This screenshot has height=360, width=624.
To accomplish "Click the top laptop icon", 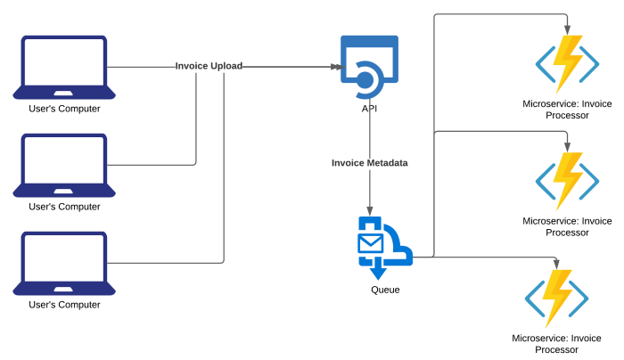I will tap(64, 68).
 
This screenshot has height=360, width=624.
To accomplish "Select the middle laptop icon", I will tap(64, 166).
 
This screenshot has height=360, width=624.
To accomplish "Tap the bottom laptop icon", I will tap(64, 264).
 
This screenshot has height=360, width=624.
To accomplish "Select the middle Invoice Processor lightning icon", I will tap(567, 181).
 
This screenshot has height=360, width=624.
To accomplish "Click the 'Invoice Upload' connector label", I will tap(209, 66).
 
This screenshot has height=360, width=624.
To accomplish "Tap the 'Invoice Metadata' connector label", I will tap(369, 163).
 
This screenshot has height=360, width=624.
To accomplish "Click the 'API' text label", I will tap(369, 108).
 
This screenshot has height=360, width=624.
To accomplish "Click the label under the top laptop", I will tap(64, 109).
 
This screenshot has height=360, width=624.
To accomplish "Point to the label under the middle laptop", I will tap(64, 207).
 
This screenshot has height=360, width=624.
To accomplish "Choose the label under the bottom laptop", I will tap(64, 305).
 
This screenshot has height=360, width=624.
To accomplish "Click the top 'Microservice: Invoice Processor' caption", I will tap(567, 110).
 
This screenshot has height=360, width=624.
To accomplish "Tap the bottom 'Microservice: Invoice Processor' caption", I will tap(557, 344).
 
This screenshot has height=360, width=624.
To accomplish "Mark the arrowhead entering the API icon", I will tap(335, 67).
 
